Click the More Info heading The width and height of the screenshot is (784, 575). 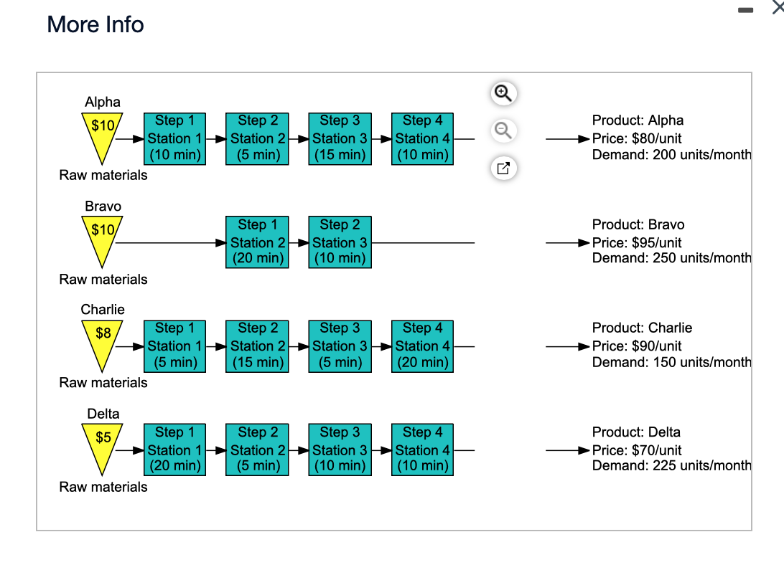pyautogui.click(x=95, y=24)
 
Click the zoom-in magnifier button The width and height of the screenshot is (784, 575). pyautogui.click(x=503, y=93)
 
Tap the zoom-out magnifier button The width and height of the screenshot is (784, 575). pyautogui.click(x=503, y=130)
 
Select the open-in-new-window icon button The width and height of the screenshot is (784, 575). pyautogui.click(x=503, y=168)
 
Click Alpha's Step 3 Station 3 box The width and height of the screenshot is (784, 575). pyautogui.click(x=340, y=138)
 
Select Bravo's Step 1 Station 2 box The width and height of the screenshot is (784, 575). pyautogui.click(x=257, y=242)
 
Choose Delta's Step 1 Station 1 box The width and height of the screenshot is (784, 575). pyautogui.click(x=174, y=450)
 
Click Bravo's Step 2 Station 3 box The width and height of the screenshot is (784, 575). pyautogui.click(x=340, y=242)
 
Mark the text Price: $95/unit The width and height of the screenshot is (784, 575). pyautogui.click(x=637, y=242)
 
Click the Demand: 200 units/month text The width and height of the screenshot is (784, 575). pyautogui.click(x=671, y=154)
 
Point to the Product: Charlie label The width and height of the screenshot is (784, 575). pyautogui.click(x=642, y=328)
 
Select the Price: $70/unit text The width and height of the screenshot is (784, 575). pyautogui.click(x=637, y=450)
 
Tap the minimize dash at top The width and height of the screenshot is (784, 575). pyautogui.click(x=747, y=10)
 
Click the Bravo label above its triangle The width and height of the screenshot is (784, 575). pyautogui.click(x=103, y=206)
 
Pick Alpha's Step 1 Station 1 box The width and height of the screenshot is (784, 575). pyautogui.click(x=174, y=138)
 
